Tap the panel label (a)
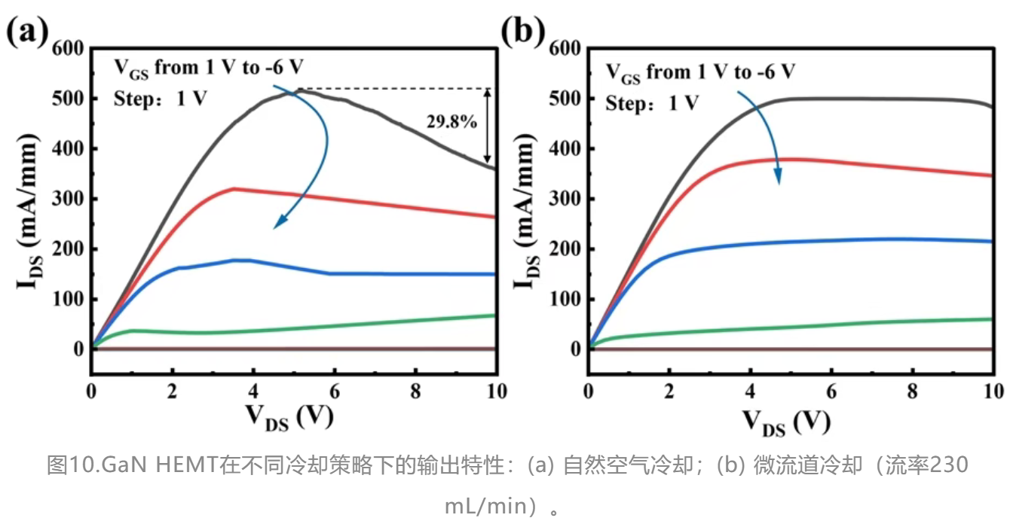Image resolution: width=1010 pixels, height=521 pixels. (x=28, y=34)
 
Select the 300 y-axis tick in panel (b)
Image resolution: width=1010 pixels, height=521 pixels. (x=565, y=199)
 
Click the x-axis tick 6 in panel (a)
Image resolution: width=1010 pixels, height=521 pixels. (x=334, y=392)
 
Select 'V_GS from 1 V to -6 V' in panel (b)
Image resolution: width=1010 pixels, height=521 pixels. (x=700, y=72)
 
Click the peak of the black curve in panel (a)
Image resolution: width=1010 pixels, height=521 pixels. (x=299, y=90)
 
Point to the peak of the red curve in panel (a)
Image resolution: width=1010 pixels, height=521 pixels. (x=234, y=188)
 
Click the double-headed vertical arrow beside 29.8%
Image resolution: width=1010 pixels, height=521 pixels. (x=488, y=126)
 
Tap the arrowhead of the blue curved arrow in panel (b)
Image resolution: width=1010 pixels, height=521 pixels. (x=779, y=180)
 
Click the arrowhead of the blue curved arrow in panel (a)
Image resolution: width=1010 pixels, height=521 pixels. (x=277, y=224)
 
